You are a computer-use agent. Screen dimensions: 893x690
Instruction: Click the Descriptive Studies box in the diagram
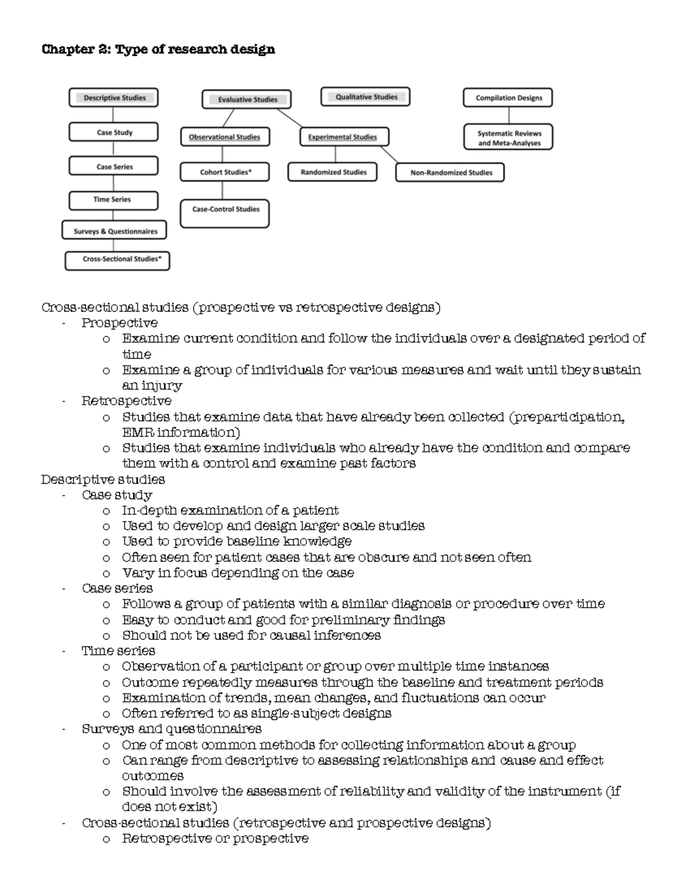(x=113, y=98)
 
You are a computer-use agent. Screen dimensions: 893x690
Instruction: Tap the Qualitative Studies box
(x=366, y=97)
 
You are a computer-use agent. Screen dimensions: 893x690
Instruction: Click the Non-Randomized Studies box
(x=450, y=173)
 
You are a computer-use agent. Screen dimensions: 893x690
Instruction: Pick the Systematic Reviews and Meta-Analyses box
(x=508, y=138)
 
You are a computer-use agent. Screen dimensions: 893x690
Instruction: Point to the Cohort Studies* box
(x=225, y=172)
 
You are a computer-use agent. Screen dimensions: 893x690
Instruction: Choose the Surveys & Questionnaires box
(x=114, y=231)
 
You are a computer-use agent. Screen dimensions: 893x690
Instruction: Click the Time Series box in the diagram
(x=113, y=200)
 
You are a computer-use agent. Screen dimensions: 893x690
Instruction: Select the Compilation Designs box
(x=508, y=98)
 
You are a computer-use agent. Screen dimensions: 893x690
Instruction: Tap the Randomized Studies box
(x=333, y=172)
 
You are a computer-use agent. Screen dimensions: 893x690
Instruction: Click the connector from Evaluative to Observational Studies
(x=228, y=118)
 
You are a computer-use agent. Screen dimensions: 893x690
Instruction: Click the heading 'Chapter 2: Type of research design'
(x=158, y=49)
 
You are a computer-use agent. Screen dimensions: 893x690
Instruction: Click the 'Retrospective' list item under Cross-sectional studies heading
(x=126, y=401)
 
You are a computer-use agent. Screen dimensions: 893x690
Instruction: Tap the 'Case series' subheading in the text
(x=117, y=588)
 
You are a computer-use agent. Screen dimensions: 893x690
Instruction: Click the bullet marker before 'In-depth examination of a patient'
(x=106, y=511)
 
